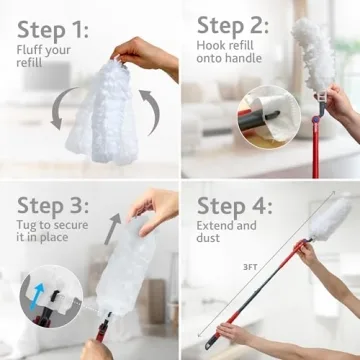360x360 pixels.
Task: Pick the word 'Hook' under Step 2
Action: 213,47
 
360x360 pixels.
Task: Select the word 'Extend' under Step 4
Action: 218,226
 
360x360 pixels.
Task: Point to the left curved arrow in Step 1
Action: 61,112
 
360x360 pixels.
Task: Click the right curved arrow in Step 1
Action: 149,112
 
